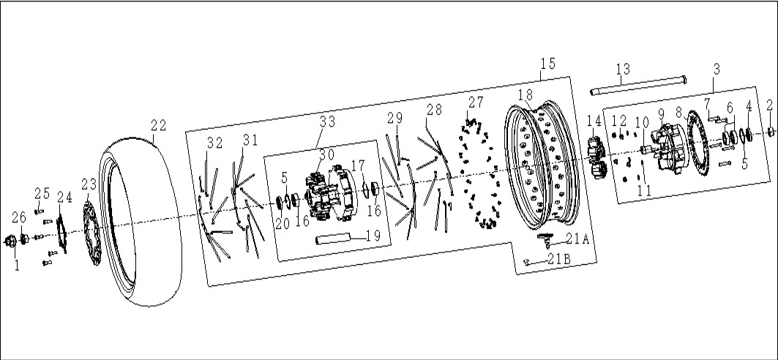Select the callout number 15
(x=548, y=64)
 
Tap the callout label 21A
(x=577, y=240)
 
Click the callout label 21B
(x=560, y=258)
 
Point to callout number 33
(x=327, y=121)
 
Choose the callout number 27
(x=475, y=102)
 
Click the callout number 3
(x=716, y=70)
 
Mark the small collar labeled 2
(x=771, y=132)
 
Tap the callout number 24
(x=64, y=198)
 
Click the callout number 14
(x=594, y=121)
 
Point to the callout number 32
(x=215, y=143)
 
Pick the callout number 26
(x=19, y=217)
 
